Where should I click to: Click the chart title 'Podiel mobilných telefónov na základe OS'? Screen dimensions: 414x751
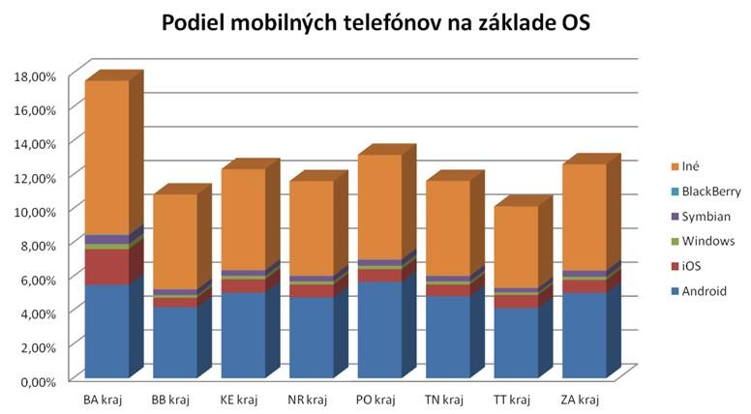pos(375,24)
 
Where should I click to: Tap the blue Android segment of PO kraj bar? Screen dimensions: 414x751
pos(379,329)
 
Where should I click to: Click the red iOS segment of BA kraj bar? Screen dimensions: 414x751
pos(106,267)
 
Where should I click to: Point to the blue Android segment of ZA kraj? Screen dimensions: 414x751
pos(585,335)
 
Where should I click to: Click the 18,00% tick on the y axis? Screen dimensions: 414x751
pos(36,75)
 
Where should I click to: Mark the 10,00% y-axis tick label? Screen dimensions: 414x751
pos(36,211)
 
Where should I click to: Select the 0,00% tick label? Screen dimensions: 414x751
pos(39,381)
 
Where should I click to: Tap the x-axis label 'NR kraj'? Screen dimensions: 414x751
pos(311,399)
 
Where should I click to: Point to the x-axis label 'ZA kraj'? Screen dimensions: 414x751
pos(584,399)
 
